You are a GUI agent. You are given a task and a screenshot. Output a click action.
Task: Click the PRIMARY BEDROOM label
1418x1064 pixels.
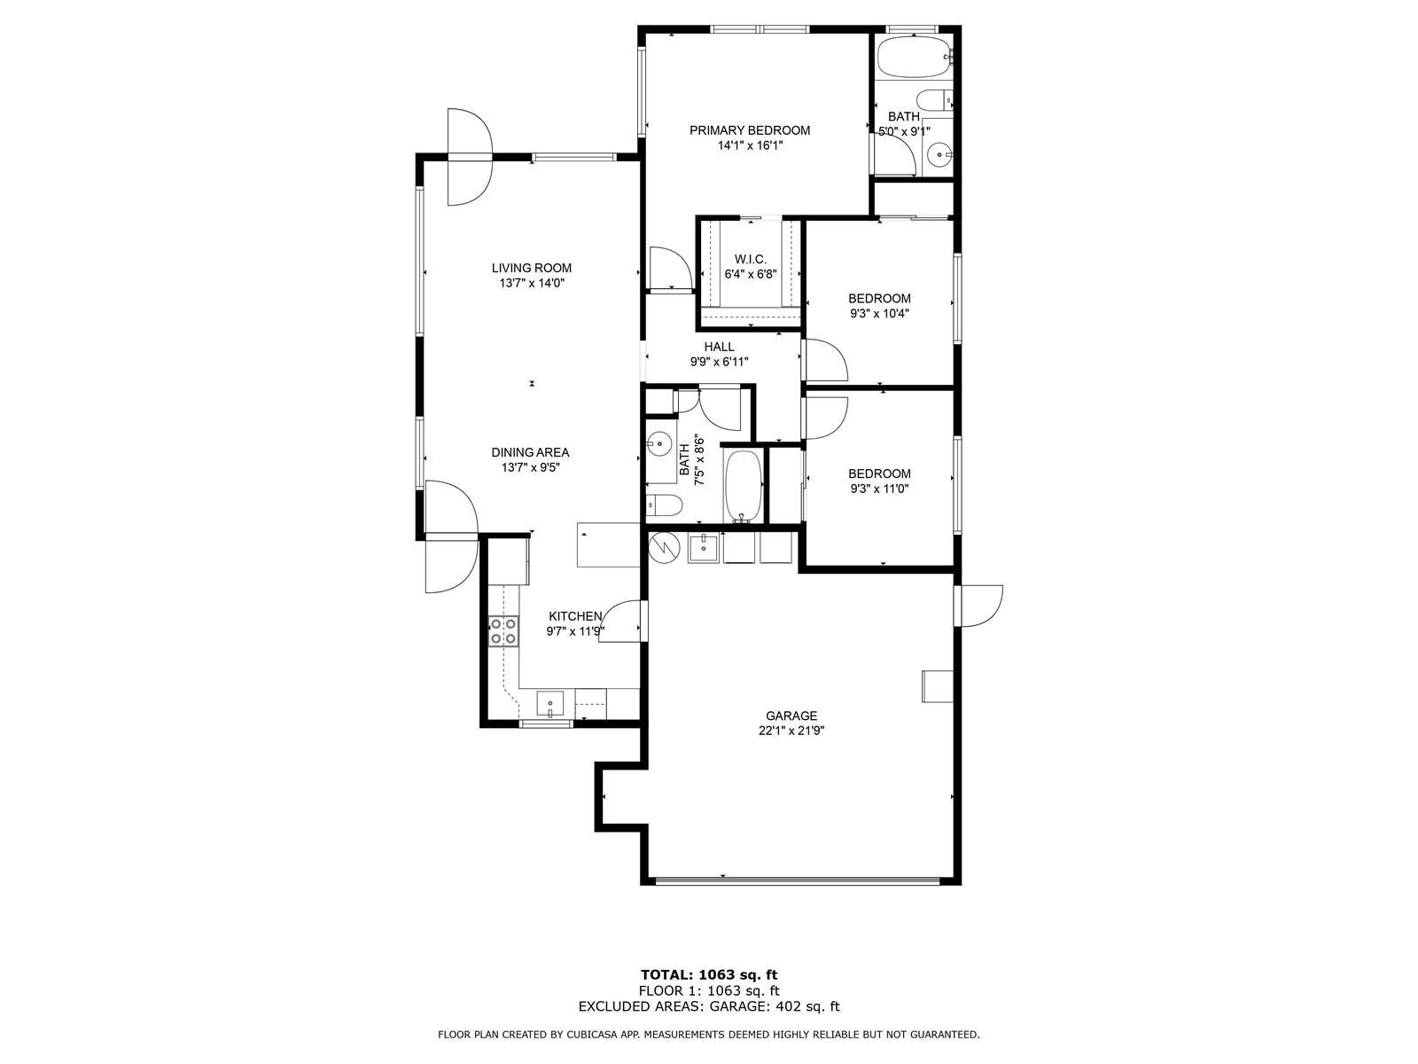[750, 130]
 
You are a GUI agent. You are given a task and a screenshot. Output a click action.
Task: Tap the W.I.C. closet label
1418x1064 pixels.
[750, 260]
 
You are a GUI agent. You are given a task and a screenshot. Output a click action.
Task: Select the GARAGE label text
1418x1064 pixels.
[791, 716]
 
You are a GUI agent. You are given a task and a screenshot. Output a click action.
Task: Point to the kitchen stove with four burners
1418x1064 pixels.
[504, 631]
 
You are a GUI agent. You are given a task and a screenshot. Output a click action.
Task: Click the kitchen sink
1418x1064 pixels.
[549, 704]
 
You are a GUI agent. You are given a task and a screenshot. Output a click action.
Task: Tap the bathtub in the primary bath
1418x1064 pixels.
[914, 57]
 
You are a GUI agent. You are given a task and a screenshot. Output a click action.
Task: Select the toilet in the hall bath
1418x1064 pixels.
[664, 505]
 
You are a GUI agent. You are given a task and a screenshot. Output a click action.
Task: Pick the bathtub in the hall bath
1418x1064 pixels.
[744, 486]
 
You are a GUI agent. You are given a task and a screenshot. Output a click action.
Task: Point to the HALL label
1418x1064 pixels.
[719, 347]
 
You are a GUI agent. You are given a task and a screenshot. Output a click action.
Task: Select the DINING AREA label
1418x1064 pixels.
[530, 452]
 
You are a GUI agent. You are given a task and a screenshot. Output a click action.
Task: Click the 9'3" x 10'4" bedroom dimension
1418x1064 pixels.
[879, 314]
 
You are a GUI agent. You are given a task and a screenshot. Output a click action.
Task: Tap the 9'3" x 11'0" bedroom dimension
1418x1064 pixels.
[879, 489]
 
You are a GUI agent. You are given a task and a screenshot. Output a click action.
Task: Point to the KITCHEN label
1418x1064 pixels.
[575, 616]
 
